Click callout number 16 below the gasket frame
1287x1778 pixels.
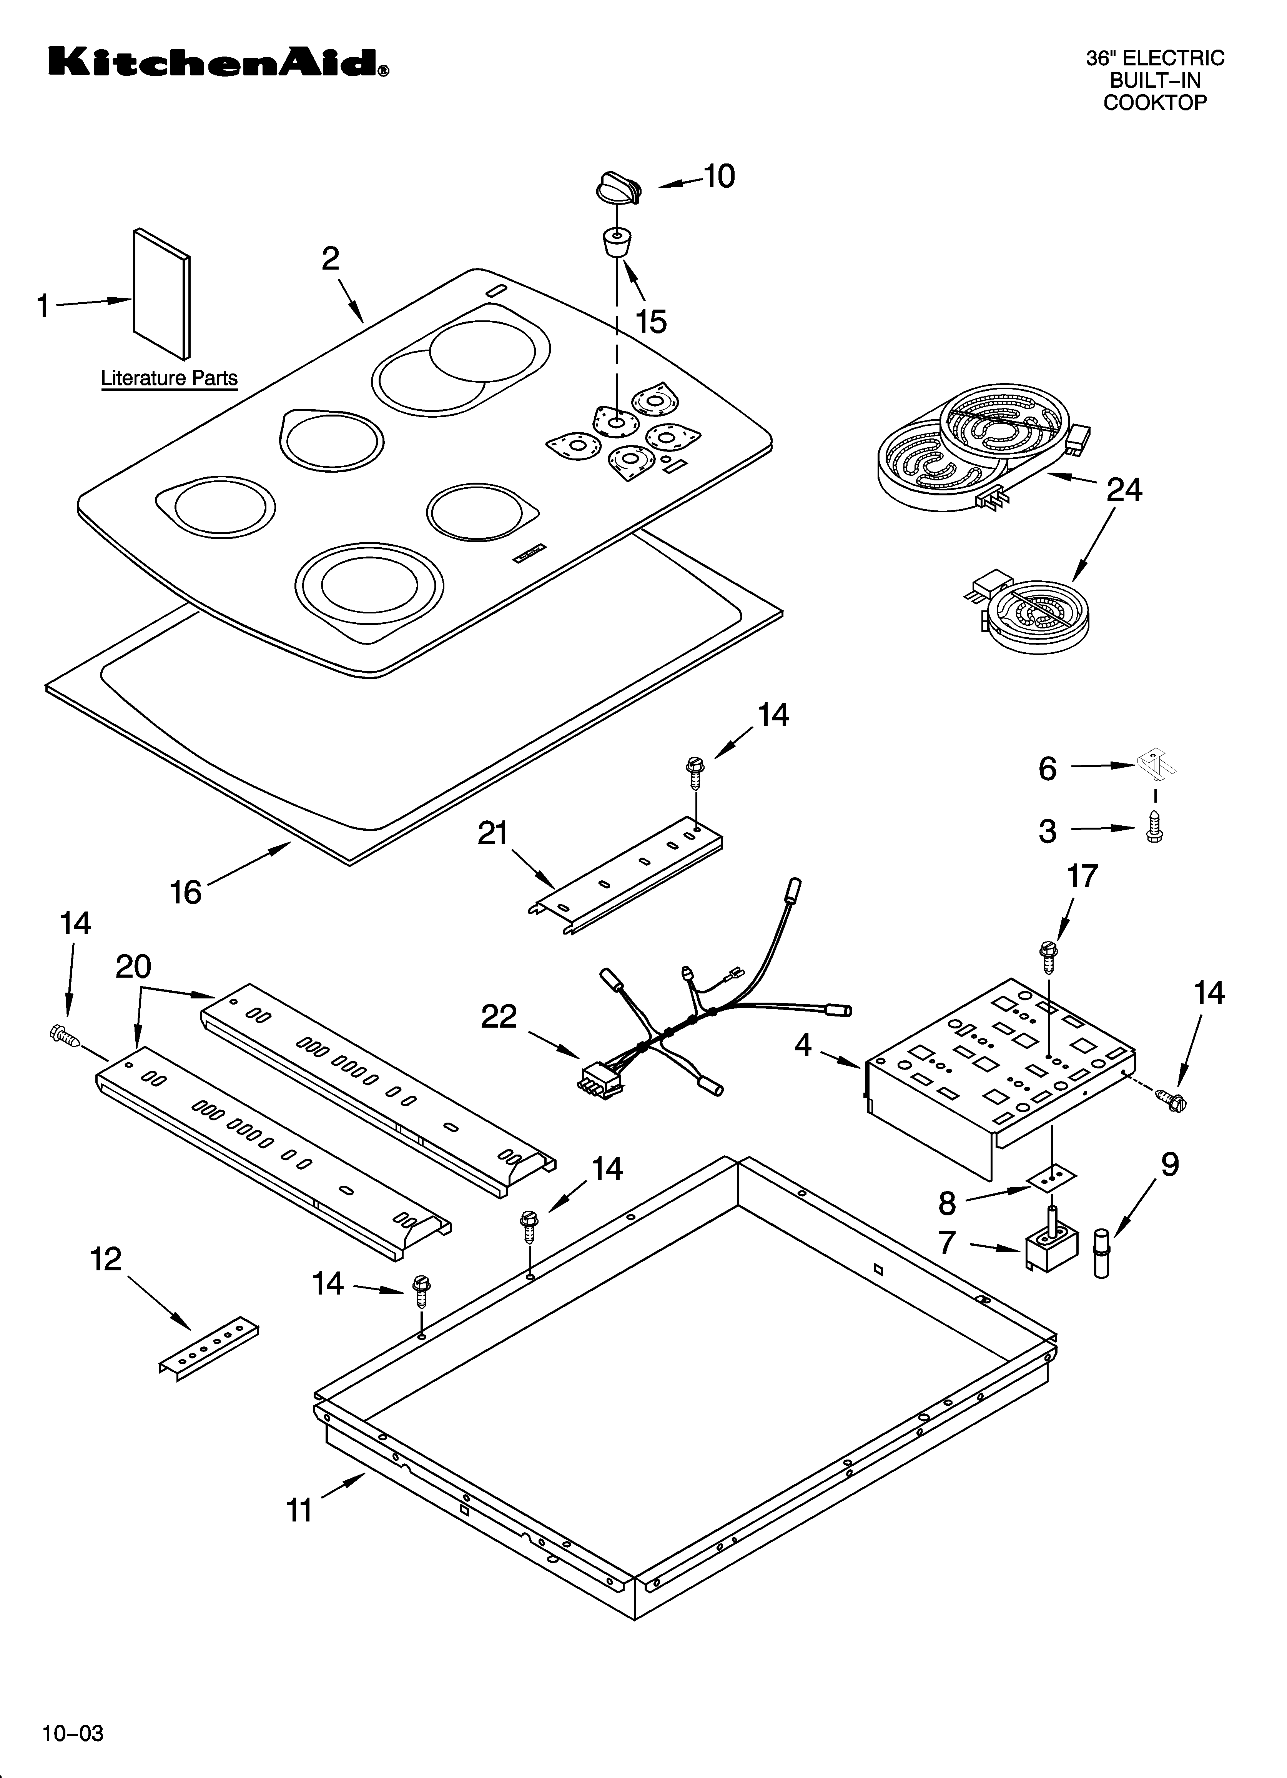pos(186,892)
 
